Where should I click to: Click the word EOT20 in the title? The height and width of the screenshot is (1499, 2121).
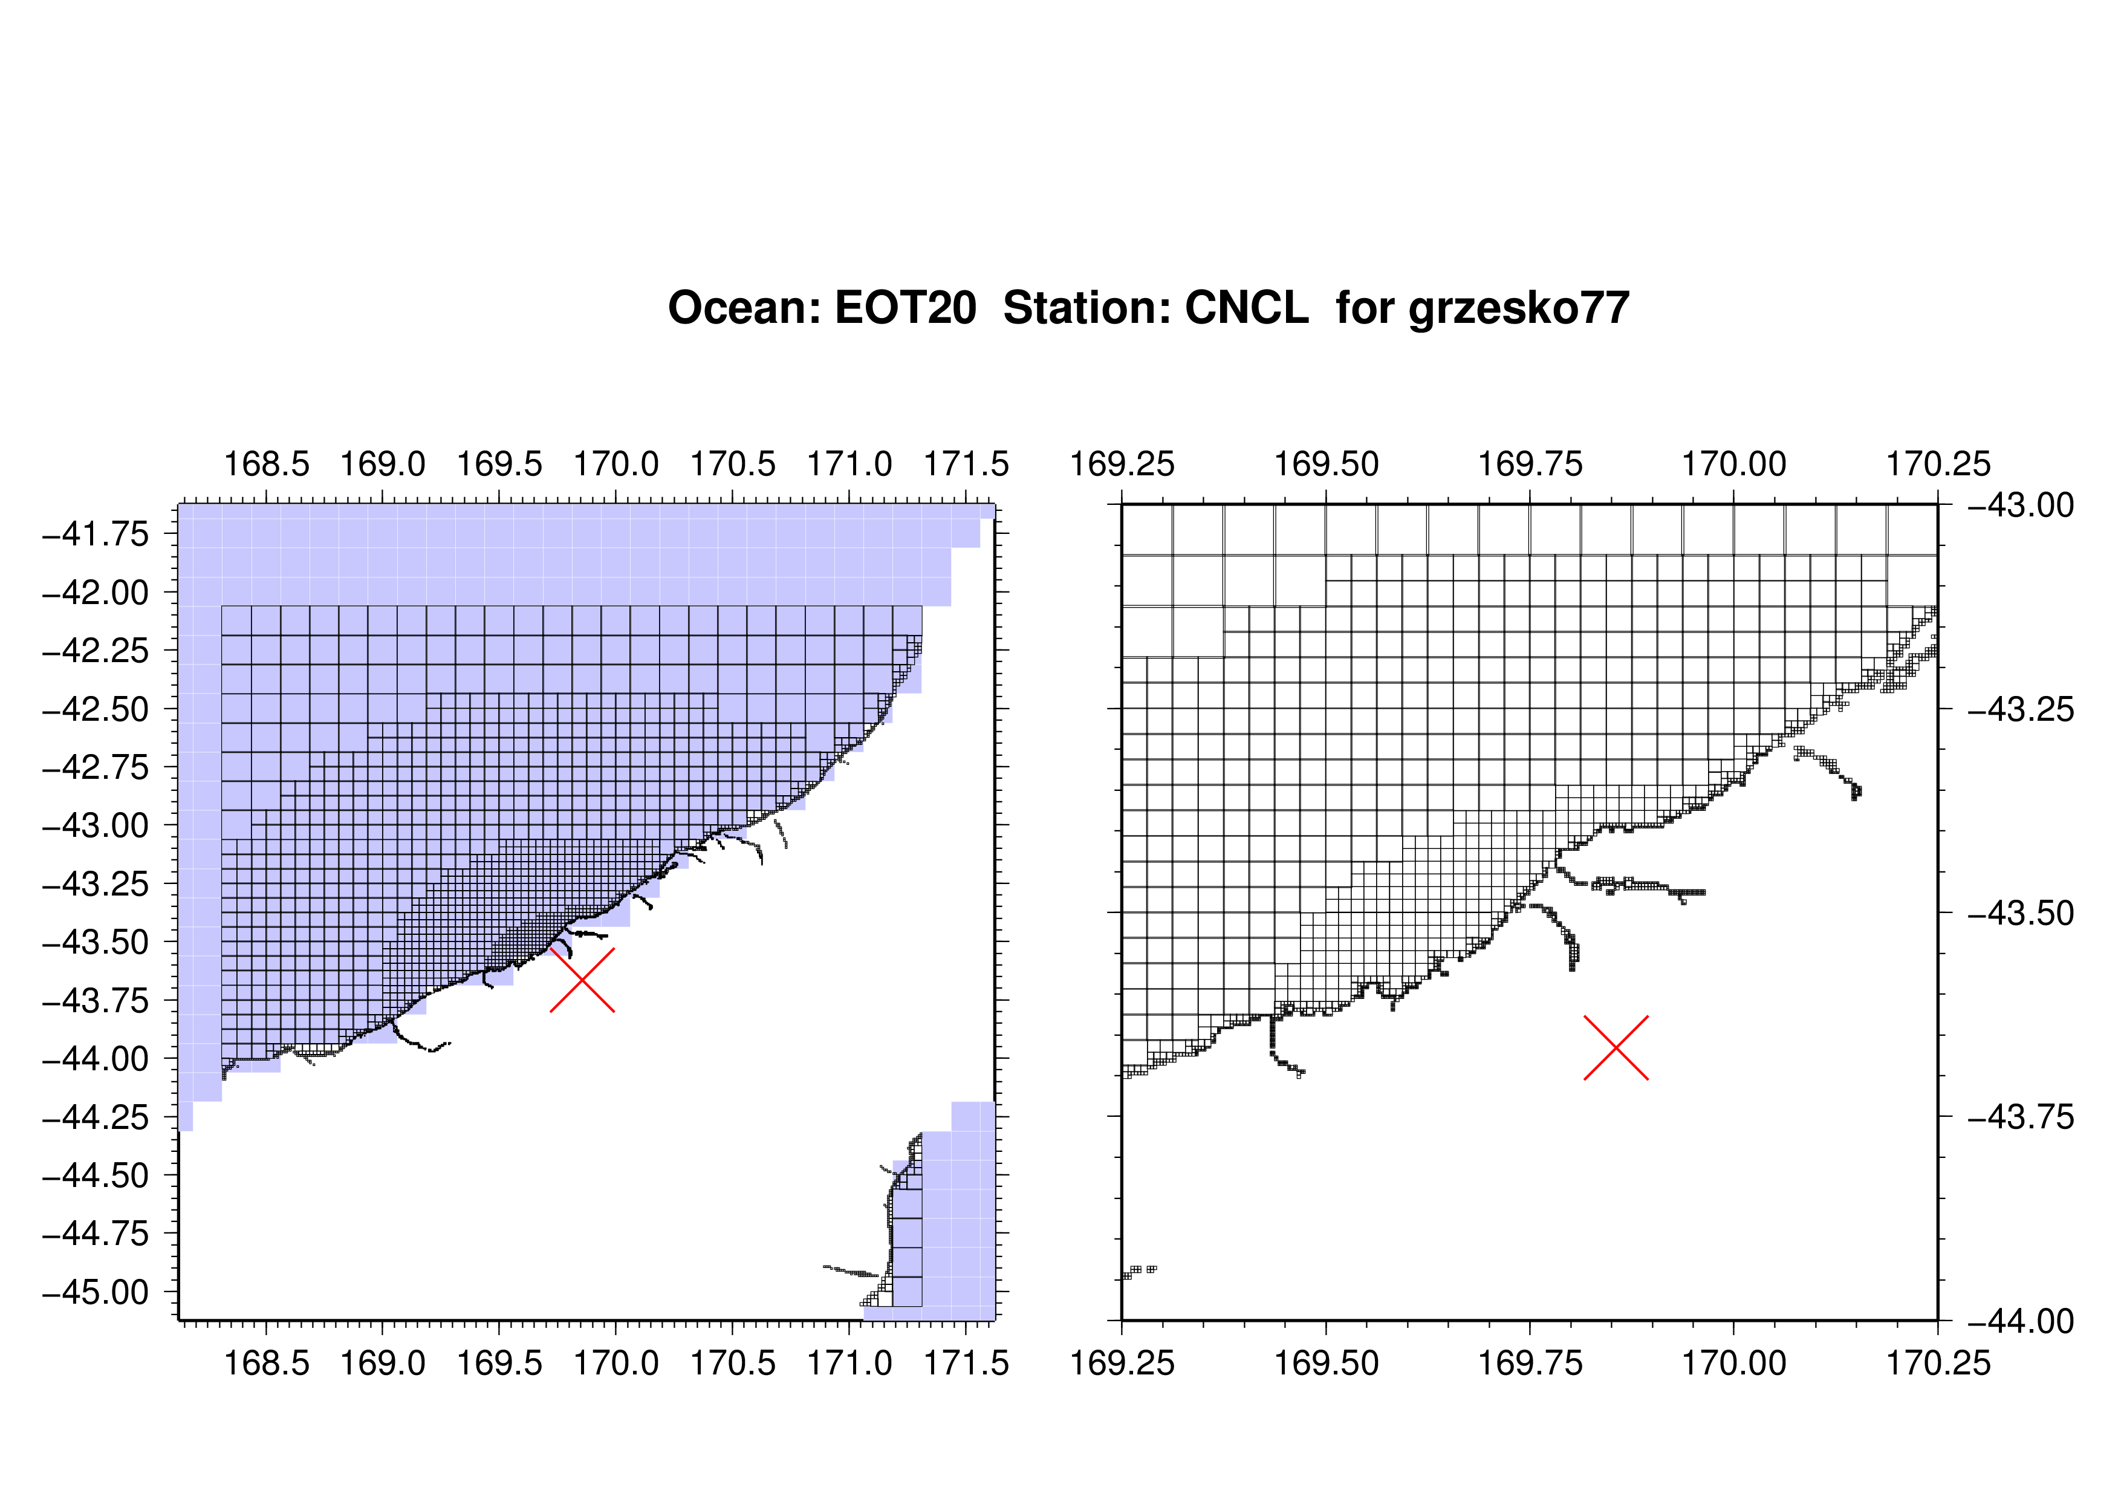(x=905, y=308)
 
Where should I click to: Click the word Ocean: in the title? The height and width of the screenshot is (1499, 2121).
(x=744, y=308)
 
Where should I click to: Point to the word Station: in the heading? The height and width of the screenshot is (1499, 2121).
(x=1087, y=308)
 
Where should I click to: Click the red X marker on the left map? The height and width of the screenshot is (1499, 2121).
(x=582, y=980)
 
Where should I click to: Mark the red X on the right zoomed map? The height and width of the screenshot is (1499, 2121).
(x=1616, y=1047)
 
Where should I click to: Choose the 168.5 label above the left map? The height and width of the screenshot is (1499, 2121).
(x=267, y=464)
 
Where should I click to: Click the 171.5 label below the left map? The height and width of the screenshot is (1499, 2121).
(x=966, y=1362)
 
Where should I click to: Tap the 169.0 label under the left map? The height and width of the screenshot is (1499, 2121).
(x=383, y=1362)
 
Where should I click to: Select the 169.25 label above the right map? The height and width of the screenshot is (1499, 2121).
(x=1122, y=464)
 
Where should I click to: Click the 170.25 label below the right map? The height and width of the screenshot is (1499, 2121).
(x=1938, y=1362)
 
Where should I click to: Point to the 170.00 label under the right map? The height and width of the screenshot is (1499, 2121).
(x=1734, y=1362)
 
